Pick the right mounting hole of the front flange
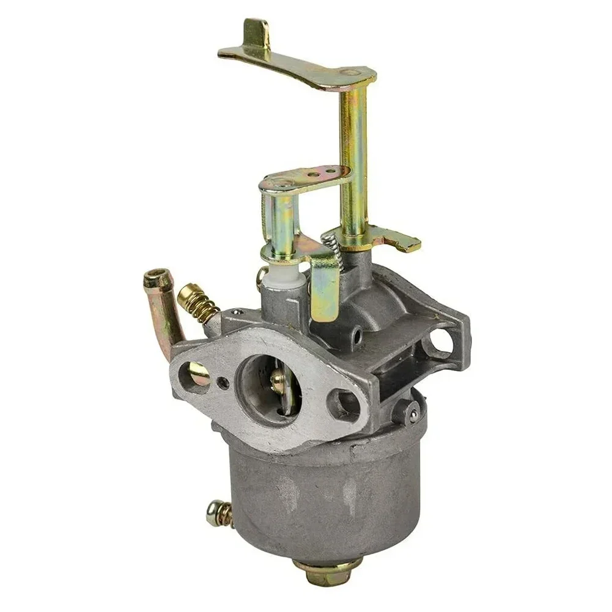pos(342,404)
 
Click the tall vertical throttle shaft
pos(353,159)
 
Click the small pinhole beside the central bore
pos(223,383)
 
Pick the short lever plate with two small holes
pos(306,177)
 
